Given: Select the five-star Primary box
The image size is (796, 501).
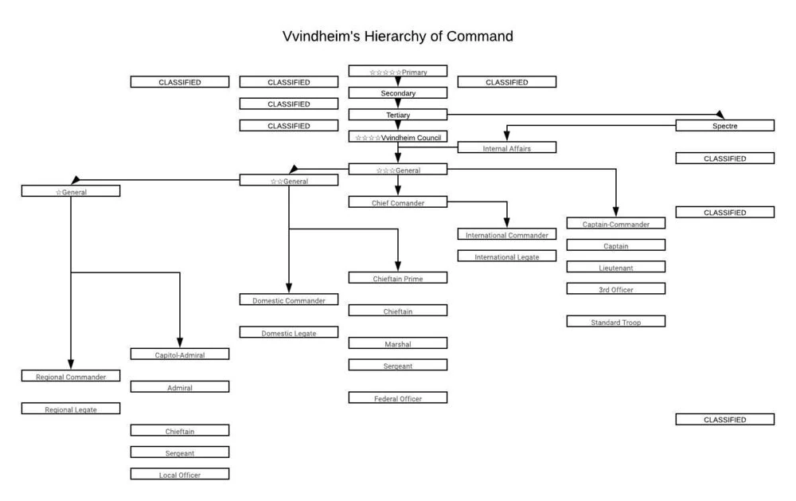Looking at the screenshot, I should click(x=397, y=72).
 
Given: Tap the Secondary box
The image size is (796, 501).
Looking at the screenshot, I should click(x=397, y=93).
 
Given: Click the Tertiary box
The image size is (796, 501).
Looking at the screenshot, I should click(x=397, y=115).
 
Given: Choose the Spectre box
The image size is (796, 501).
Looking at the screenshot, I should click(x=724, y=126).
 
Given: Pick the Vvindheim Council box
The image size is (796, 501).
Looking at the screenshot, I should click(x=397, y=137).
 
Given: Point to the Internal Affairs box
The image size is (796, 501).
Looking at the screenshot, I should click(x=506, y=148).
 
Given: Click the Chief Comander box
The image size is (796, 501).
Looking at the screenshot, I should click(x=397, y=202).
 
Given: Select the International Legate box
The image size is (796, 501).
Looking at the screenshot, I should click(x=506, y=256).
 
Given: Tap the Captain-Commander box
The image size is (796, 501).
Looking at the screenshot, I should click(x=615, y=224).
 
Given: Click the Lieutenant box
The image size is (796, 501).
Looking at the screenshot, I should click(x=615, y=268).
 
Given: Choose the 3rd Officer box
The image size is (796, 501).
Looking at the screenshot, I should click(x=615, y=289).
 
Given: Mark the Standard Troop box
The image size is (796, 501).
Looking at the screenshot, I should click(x=615, y=322).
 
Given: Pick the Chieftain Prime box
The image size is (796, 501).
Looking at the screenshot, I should click(x=397, y=278).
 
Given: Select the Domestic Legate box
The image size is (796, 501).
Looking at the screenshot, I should click(x=288, y=333).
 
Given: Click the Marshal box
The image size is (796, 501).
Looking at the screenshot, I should click(x=397, y=343).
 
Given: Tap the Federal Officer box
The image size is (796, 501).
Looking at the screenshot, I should click(x=397, y=397).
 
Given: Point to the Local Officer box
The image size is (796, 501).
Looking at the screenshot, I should click(x=179, y=474).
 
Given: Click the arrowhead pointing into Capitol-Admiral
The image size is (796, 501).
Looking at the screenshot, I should click(x=180, y=342).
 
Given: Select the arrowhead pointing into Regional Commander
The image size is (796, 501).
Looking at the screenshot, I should click(x=71, y=364).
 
